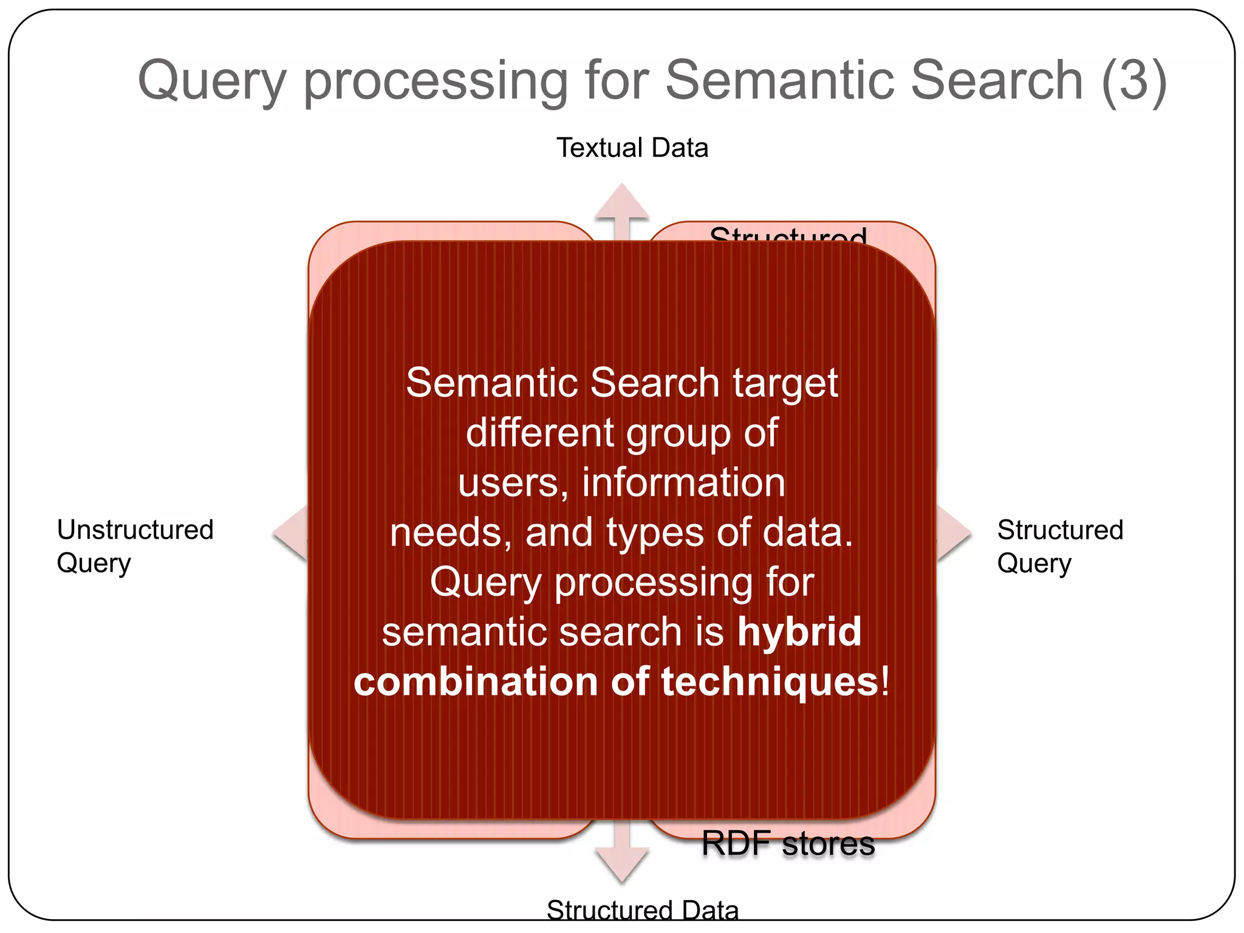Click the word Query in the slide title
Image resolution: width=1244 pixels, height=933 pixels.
pos(212,81)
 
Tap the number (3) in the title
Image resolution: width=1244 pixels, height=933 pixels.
pos(1133,81)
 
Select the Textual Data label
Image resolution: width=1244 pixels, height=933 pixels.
pos(632,148)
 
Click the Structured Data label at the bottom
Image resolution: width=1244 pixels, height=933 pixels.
pos(642,910)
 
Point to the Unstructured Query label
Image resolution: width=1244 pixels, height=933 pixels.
pos(135,545)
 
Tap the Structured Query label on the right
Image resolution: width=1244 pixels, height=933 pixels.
pos(1059,545)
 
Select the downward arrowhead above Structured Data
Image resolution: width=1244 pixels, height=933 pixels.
pos(622,866)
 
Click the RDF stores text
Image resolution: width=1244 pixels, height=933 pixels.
pos(788,844)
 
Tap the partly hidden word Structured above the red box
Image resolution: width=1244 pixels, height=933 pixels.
pos(788,234)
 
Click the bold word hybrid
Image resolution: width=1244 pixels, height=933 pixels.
pos(799,631)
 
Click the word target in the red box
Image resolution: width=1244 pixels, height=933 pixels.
pos(785,383)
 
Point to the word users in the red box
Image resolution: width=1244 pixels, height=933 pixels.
pos(508,483)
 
